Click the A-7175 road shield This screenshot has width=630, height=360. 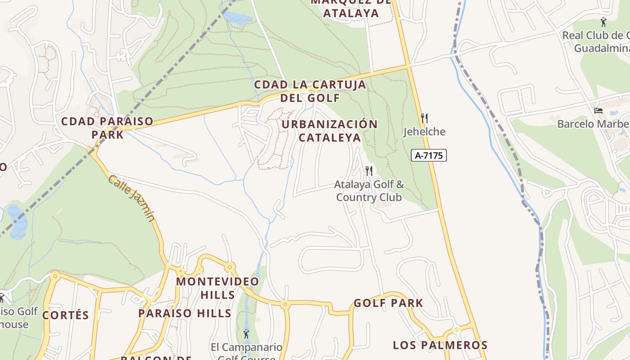[428, 156]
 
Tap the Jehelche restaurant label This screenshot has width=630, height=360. [424, 132]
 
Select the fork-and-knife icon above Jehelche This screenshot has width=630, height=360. [424, 118]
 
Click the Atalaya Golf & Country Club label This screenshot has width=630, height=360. [369, 191]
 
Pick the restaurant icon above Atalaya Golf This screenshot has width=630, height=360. [369, 171]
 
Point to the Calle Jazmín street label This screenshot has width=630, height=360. [131, 198]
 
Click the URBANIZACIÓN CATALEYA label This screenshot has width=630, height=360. [330, 130]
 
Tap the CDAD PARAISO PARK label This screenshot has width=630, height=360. [107, 128]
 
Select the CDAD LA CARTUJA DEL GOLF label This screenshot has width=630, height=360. [310, 91]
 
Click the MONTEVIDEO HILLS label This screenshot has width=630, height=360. [218, 288]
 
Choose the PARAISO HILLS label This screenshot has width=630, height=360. [184, 313]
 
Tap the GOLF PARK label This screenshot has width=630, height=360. [388, 303]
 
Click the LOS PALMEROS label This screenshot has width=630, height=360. [440, 345]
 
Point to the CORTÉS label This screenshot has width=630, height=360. [66, 315]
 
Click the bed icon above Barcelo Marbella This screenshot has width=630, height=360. [598, 110]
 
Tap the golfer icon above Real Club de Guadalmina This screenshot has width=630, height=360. [603, 21]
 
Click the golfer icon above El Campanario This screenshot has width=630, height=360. [246, 334]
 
